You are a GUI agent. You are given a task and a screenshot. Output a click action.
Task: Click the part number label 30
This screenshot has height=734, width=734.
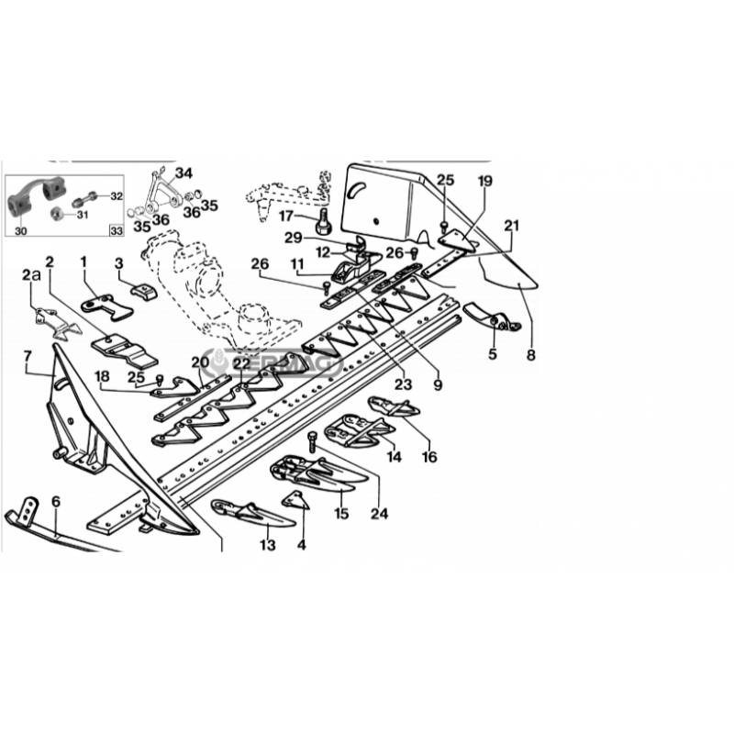click(21, 230)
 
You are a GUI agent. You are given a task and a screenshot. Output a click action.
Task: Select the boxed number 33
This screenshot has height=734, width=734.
click(115, 230)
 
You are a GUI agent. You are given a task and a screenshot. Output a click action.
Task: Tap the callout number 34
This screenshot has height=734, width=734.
click(183, 173)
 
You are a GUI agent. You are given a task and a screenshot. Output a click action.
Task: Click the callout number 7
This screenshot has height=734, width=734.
click(28, 354)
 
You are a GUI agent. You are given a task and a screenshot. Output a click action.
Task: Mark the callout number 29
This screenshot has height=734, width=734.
click(293, 238)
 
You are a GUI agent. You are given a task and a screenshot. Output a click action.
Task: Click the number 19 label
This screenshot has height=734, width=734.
click(484, 180)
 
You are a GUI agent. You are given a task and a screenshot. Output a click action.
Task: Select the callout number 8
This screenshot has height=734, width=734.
click(530, 353)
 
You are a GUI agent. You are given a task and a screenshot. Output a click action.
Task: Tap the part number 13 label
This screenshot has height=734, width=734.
click(267, 546)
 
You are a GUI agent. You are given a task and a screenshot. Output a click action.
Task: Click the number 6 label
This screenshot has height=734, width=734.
click(55, 501)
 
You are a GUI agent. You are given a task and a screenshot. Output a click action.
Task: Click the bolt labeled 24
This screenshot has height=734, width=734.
click(314, 440)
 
